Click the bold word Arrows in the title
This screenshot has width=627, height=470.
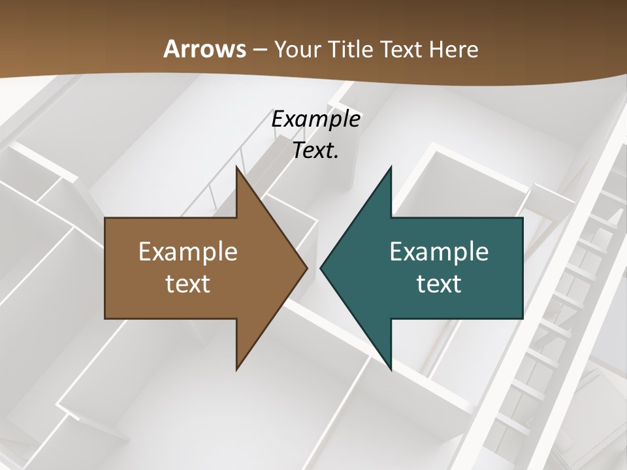pyautogui.click(x=204, y=49)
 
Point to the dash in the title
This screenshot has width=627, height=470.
pyautogui.click(x=260, y=50)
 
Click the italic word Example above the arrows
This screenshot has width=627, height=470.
pyautogui.click(x=316, y=119)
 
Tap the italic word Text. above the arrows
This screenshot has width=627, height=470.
pyautogui.click(x=316, y=150)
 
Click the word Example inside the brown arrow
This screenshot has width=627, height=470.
pyautogui.click(x=187, y=251)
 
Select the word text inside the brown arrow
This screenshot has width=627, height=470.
pyautogui.click(x=187, y=283)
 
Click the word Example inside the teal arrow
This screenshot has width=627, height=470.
pyautogui.click(x=439, y=251)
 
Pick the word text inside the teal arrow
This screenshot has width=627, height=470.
pyautogui.click(x=439, y=283)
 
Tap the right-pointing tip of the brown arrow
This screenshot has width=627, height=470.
pyautogui.click(x=307, y=268)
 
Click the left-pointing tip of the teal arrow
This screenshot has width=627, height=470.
pyautogui.click(x=321, y=268)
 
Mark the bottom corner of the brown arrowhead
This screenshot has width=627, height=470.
pyautogui.click(x=236, y=370)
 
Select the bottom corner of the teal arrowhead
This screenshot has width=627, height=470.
pyautogui.click(x=391, y=370)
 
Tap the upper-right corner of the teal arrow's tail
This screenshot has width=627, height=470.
pyautogui.click(x=522, y=218)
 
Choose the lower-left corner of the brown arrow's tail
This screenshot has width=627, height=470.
pyautogui.click(x=105, y=318)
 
